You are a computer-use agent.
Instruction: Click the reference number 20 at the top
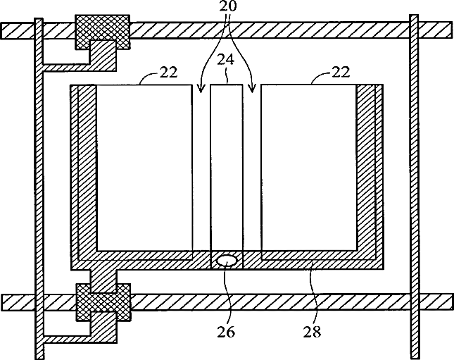227,6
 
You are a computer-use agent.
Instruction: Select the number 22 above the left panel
168,72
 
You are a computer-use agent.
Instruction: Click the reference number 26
227,330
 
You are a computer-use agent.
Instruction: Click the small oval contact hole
227,261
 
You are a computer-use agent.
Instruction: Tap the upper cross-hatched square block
102,30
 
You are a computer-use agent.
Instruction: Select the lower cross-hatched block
103,299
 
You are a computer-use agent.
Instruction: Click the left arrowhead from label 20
201,89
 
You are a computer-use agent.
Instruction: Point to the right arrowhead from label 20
253,89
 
